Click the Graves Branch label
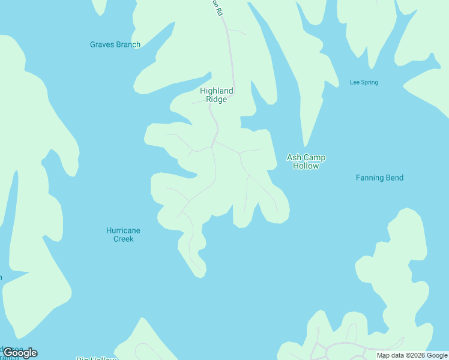pos(115,44)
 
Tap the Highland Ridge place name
pos(217,95)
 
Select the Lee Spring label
pos(364,82)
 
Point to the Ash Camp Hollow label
pos(306,161)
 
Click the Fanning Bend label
pos(379,178)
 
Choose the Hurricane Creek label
pos(123,235)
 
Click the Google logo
pos(20,353)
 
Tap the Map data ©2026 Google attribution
pos(412,356)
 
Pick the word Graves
pos(103,44)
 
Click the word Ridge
pos(217,100)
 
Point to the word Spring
pos(370,82)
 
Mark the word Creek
pos(124,239)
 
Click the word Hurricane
pos(123,230)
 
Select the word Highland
pos(217,91)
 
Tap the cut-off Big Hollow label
pos(96,359)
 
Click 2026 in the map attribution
pos(416,356)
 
